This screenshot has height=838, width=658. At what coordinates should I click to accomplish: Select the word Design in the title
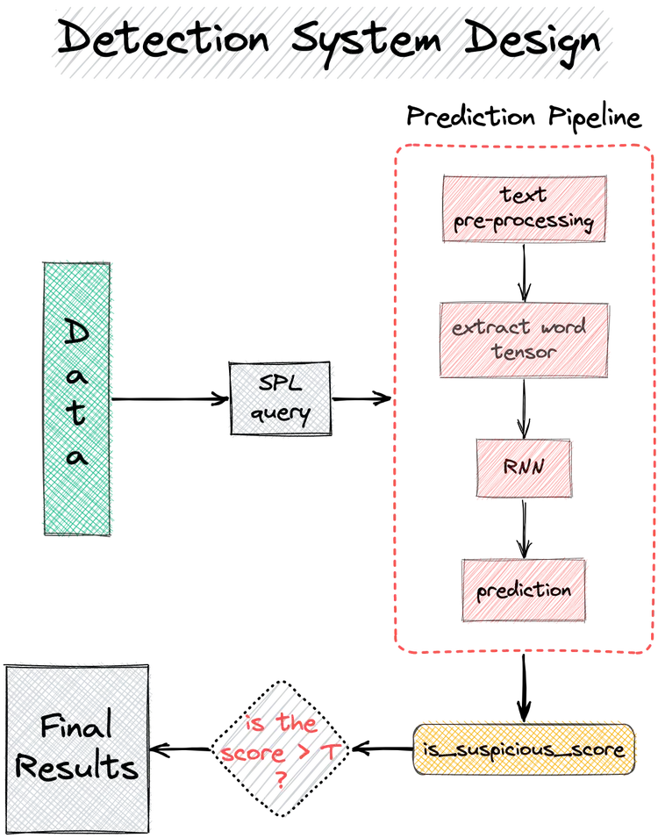(x=521, y=40)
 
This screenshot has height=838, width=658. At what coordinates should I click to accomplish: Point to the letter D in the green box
(x=77, y=332)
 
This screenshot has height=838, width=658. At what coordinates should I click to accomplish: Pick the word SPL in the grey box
(x=281, y=385)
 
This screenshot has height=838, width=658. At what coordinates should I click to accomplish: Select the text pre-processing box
(x=524, y=209)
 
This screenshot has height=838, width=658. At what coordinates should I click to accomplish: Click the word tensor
(x=524, y=352)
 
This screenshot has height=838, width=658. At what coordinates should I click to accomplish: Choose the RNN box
(x=524, y=468)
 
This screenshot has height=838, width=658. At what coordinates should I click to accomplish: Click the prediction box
(x=524, y=591)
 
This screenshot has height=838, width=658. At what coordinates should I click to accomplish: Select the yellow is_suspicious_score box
(x=524, y=749)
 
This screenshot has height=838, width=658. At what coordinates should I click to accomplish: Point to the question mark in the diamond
(x=282, y=777)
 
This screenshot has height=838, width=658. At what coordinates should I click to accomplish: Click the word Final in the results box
(x=76, y=727)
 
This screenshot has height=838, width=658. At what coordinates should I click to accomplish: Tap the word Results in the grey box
(x=77, y=768)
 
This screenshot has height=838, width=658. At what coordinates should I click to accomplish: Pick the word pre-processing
(x=524, y=222)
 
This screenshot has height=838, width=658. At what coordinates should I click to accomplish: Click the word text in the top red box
(x=524, y=195)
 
